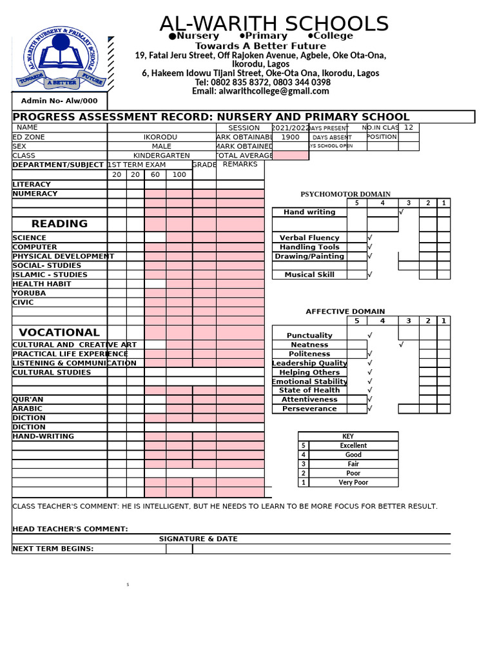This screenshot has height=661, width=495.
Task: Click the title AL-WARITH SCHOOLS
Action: (274, 23)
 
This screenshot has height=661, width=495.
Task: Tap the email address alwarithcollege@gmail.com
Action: (260, 91)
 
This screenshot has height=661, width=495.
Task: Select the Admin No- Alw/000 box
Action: (59, 101)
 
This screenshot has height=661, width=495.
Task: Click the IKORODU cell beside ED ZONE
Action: (160, 137)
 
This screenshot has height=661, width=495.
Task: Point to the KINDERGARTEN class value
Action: (161, 156)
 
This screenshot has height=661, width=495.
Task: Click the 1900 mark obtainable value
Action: (291, 137)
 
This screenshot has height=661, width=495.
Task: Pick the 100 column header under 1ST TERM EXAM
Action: (179, 175)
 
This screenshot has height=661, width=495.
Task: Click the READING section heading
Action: (59, 224)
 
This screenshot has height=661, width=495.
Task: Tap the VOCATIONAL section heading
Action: (59, 332)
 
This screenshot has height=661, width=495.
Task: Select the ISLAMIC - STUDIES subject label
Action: (50, 274)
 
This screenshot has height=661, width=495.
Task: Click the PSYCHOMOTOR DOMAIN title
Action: (345, 194)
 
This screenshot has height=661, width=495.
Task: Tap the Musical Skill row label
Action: (309, 275)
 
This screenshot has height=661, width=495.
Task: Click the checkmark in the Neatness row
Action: (402, 345)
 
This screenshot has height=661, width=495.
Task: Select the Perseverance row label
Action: (309, 409)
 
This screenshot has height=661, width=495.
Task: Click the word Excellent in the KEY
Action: (353, 445)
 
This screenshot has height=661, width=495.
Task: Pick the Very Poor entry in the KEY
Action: (353, 482)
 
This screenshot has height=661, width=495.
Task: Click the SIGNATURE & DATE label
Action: (199, 539)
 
